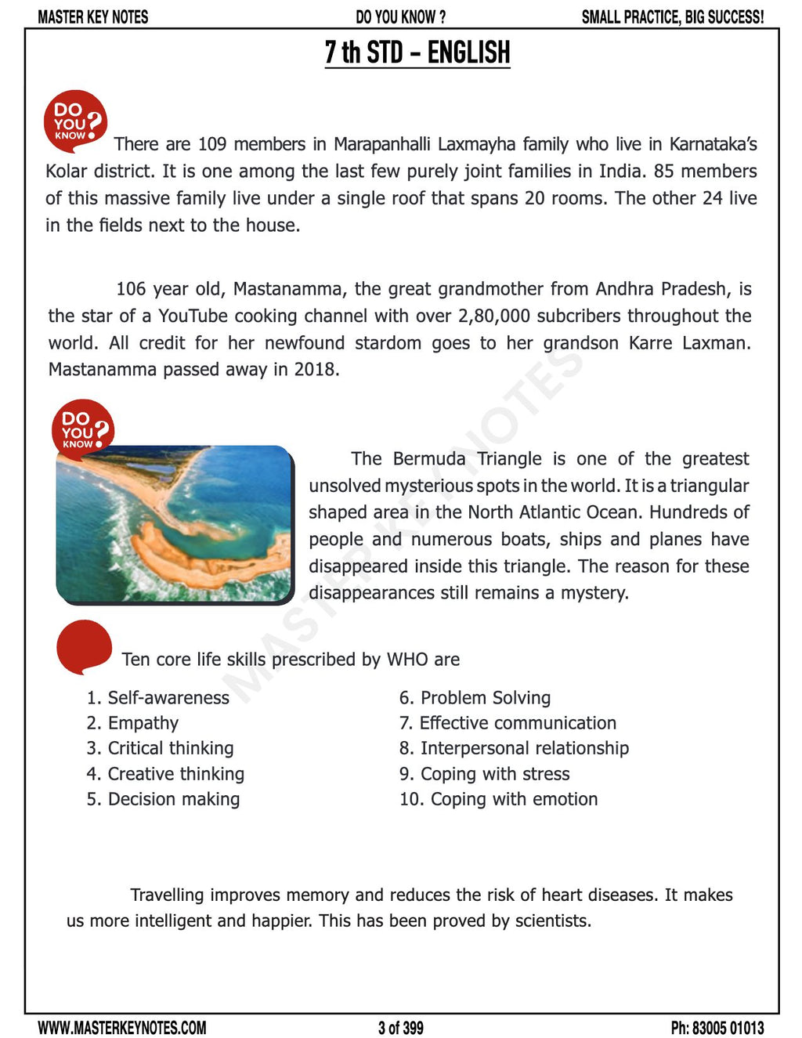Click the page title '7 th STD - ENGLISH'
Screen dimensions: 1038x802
click(x=417, y=52)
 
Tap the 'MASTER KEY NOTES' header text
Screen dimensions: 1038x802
click(x=92, y=16)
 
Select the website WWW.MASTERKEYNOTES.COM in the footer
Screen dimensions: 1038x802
click(x=122, y=1027)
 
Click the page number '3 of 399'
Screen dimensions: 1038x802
click(x=400, y=1027)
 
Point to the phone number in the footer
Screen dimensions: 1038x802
click(x=717, y=1027)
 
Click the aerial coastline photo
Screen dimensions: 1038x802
click(x=174, y=523)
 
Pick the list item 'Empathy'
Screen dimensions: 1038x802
click(x=143, y=723)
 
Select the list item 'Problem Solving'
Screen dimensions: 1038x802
click(x=485, y=697)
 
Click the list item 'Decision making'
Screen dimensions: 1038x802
click(x=173, y=799)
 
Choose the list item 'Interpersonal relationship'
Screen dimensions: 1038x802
click(x=524, y=748)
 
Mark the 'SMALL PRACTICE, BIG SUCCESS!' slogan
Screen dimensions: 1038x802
click(x=672, y=16)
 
